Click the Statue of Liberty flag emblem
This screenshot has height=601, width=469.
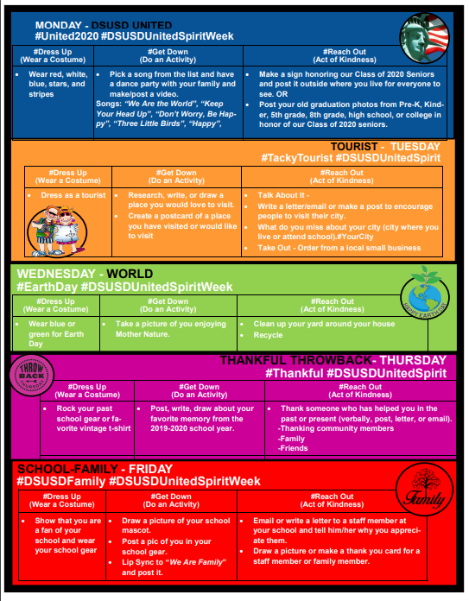[424, 38]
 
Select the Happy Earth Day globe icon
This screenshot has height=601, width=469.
[425, 293]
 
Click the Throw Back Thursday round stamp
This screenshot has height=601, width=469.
[31, 376]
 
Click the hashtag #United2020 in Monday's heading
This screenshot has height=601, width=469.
[67, 36]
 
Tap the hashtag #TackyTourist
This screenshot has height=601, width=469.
[297, 158]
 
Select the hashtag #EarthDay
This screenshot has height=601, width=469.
[48, 287]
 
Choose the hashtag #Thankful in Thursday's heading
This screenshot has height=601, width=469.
[295, 373]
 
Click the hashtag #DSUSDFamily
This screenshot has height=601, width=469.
[61, 482]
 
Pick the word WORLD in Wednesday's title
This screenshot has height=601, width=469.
[130, 274]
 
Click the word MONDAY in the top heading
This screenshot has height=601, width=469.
[59, 25]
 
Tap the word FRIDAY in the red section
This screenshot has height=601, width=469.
[150, 469]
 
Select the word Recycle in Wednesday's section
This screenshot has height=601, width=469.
[268, 335]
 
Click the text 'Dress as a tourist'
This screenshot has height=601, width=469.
[73, 195]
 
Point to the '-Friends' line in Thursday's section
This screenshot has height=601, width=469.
[293, 448]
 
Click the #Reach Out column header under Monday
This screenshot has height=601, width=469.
[345, 55]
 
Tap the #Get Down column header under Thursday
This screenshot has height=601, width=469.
[199, 390]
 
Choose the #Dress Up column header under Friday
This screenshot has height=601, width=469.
[61, 500]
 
